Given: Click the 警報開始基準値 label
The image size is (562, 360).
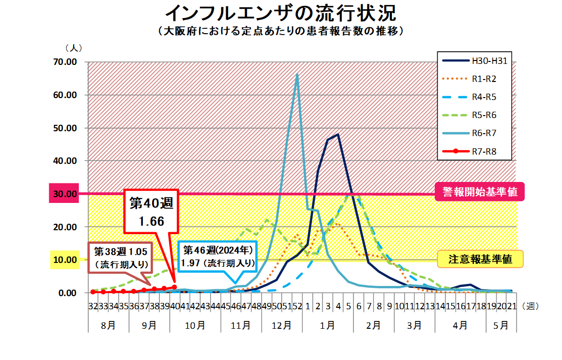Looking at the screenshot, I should click(477, 192).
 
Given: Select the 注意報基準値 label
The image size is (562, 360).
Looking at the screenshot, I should click(480, 259).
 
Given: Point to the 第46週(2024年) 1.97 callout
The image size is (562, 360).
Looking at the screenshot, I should click(218, 257).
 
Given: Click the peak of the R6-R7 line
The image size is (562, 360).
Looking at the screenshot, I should click(297, 74).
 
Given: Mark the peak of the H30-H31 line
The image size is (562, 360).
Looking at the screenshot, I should click(338, 134).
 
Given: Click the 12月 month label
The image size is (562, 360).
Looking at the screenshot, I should click(282, 324).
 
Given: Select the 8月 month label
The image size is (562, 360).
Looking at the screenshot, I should click(108, 324).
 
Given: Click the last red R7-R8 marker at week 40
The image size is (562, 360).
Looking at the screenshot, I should click(174, 287).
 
